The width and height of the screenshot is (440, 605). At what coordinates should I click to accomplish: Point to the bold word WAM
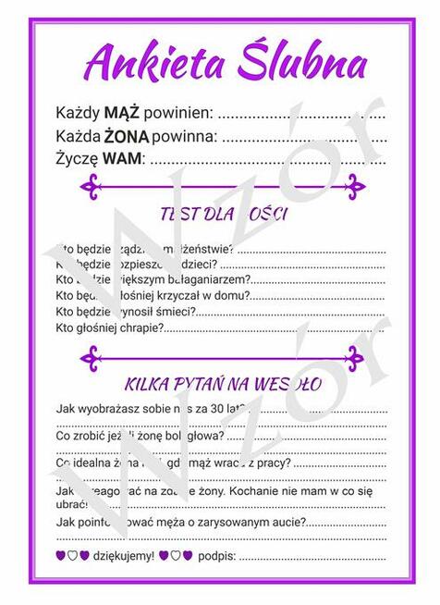122,158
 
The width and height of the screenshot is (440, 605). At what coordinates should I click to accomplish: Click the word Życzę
77,158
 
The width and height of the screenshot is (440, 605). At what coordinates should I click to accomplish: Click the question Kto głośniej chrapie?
110,327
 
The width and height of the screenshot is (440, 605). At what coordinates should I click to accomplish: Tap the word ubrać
70,505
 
